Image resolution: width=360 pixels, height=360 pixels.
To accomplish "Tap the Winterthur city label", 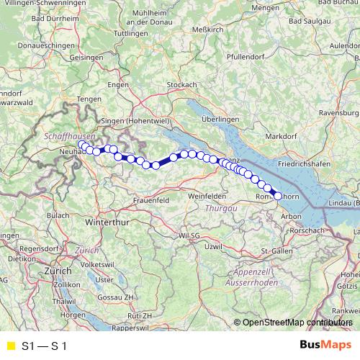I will pyautogui.click(x=107, y=224).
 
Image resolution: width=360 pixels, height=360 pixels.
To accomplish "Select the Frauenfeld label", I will pyautogui.click(x=149, y=199).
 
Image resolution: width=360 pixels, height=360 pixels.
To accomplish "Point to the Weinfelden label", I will pyautogui.click(x=207, y=196).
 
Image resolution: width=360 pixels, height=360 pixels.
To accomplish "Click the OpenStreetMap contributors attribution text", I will pyautogui.click(x=296, y=323).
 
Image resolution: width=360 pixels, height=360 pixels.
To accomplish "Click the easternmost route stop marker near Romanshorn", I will pyautogui.click(x=278, y=195).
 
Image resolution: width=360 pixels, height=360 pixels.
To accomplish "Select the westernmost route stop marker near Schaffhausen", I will pyautogui.click(x=81, y=144).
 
